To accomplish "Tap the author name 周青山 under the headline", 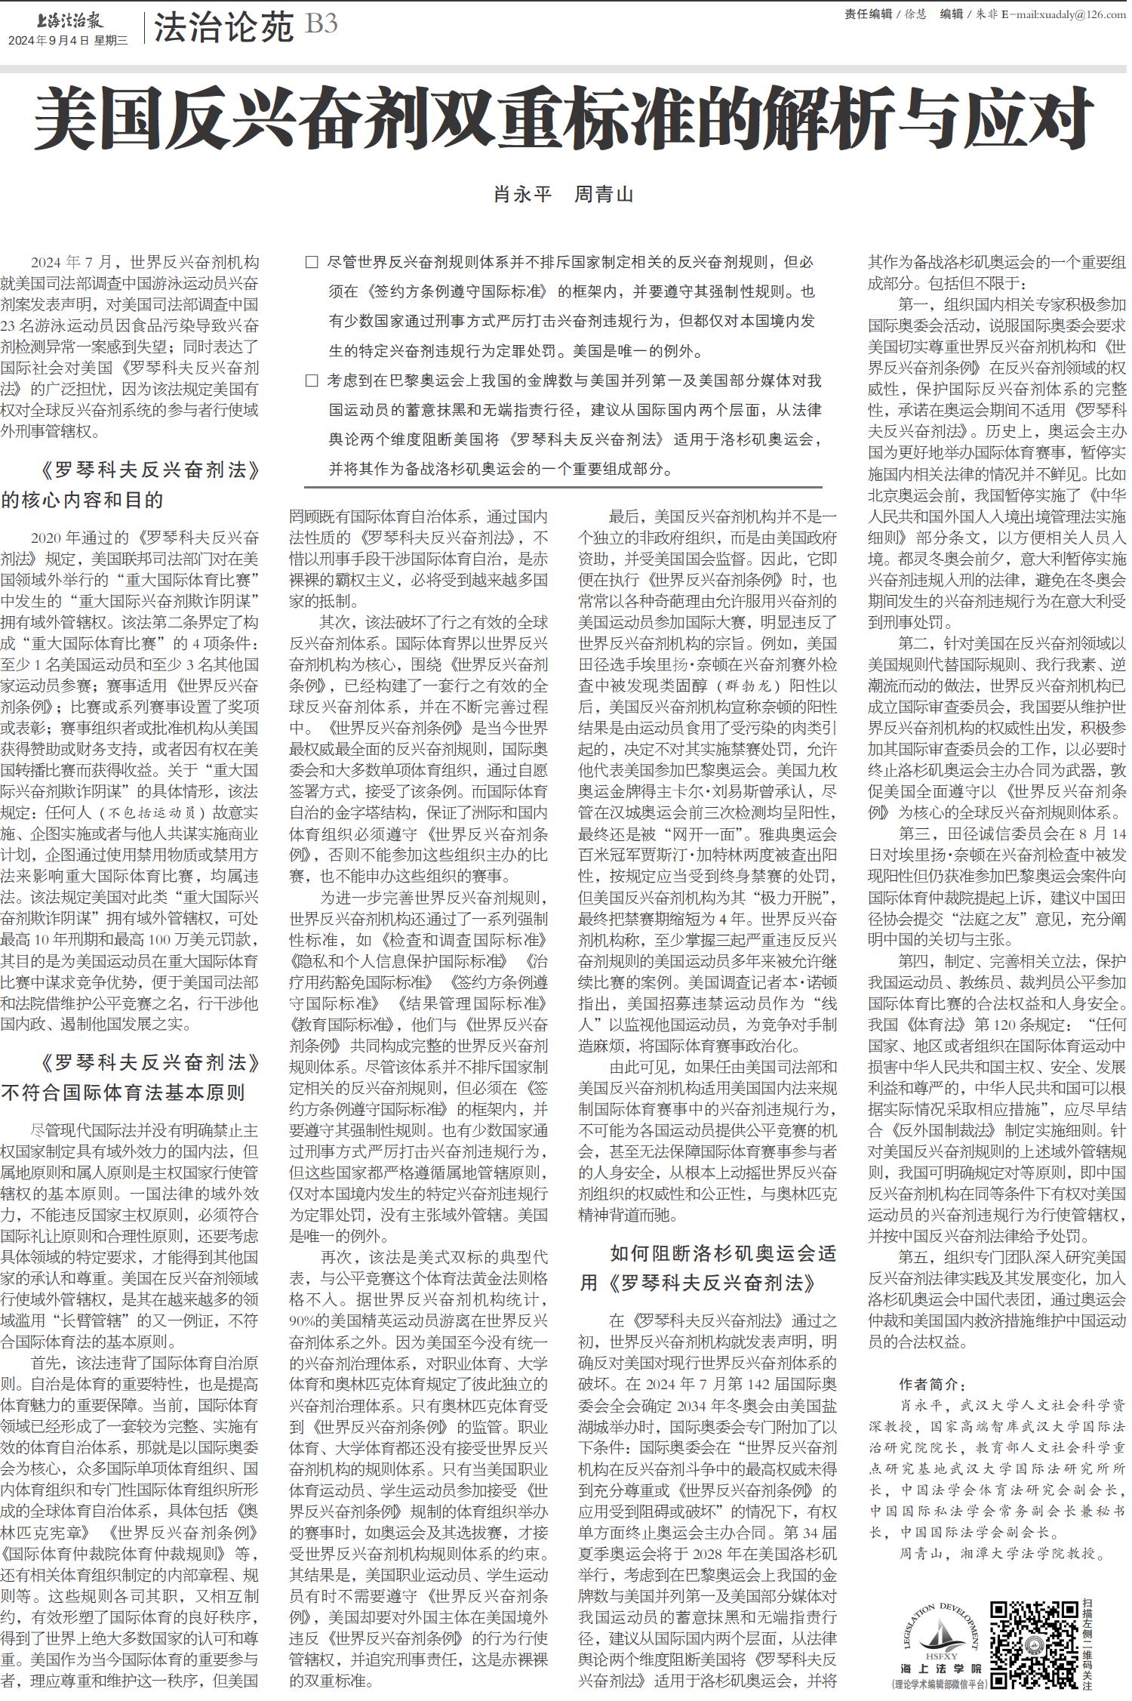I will (604, 195).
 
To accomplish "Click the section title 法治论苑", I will (223, 28).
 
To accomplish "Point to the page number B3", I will (321, 25).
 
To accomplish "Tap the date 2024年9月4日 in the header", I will (49, 41).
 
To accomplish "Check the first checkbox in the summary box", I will (311, 263).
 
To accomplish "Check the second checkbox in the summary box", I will (311, 381).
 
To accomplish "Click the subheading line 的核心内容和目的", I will (82, 500).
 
